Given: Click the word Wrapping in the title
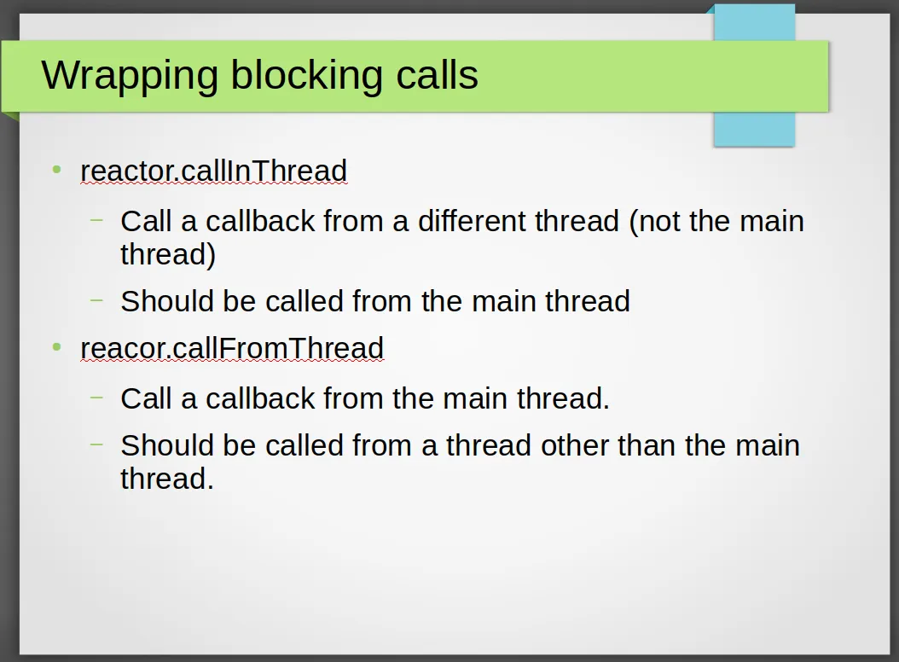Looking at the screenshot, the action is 130,76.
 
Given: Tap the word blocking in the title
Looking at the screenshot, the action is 306,75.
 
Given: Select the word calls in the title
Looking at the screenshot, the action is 437,74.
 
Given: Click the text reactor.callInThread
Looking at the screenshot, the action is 214,171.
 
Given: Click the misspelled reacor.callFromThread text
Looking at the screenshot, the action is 232,348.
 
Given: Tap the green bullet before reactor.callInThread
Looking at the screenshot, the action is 56,169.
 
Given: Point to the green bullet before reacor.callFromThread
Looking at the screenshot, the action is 56,346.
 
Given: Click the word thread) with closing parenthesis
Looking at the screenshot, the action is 168,255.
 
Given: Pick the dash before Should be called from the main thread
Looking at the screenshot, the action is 97,299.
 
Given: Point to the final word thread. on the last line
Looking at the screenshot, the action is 167,479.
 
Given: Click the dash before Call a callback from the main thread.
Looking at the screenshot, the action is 97,397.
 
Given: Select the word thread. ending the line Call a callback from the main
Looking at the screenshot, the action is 563,398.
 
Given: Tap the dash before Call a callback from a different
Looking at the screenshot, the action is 97,220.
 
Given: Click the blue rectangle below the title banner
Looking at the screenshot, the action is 754,129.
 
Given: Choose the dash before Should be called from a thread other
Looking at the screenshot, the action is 97,444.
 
